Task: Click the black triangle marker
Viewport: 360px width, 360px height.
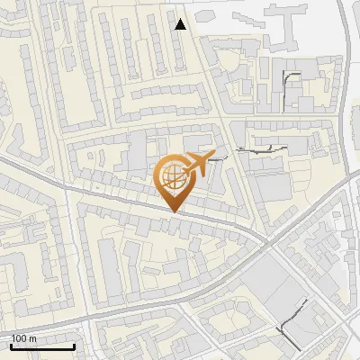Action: click(x=181, y=25)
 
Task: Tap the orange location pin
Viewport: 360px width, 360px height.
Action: click(x=175, y=180)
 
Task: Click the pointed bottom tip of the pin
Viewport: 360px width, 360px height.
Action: click(x=175, y=212)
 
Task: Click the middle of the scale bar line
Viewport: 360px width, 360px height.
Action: click(x=42, y=346)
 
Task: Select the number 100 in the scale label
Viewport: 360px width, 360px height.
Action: click(x=20, y=338)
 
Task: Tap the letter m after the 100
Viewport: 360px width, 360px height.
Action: click(x=32, y=338)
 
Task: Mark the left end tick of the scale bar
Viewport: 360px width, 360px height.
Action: click(x=11, y=345)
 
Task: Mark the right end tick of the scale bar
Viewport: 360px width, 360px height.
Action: click(x=74, y=345)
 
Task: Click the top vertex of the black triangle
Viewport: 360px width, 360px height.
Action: click(x=181, y=19)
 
